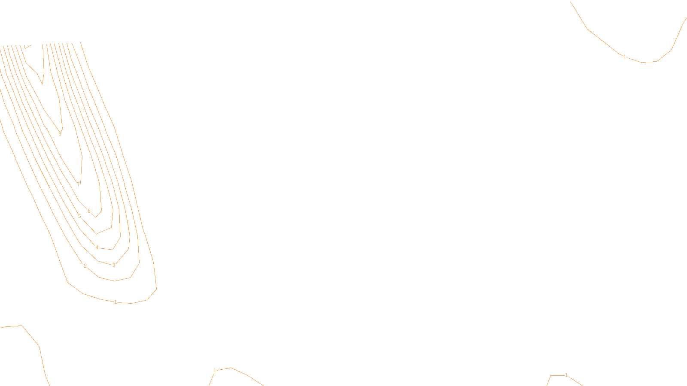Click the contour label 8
(x=60, y=134)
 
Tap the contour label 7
(x=78, y=184)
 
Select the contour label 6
(x=89, y=211)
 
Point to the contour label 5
(x=79, y=216)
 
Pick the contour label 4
(x=97, y=247)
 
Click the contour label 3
(x=113, y=265)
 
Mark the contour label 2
(x=85, y=266)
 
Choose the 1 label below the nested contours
(x=116, y=302)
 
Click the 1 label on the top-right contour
(x=625, y=57)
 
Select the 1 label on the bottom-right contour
(x=566, y=375)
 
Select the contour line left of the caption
(x=247, y=375)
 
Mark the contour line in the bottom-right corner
(x=575, y=380)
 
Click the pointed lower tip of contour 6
(x=96, y=217)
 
